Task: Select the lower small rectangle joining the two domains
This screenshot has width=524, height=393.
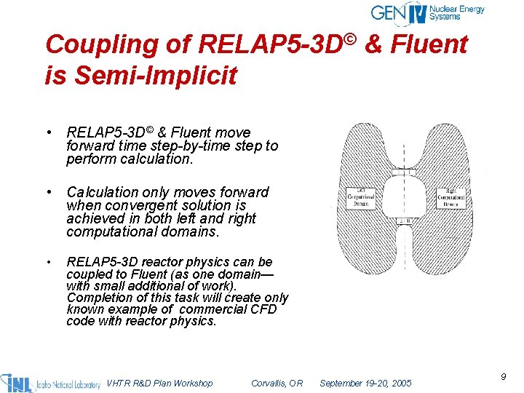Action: point(403,221)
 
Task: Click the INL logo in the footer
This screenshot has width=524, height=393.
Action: point(51,382)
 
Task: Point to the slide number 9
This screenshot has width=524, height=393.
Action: point(503,376)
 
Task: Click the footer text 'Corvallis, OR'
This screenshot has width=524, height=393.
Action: point(277,383)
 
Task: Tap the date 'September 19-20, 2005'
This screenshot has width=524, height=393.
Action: point(365,383)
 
